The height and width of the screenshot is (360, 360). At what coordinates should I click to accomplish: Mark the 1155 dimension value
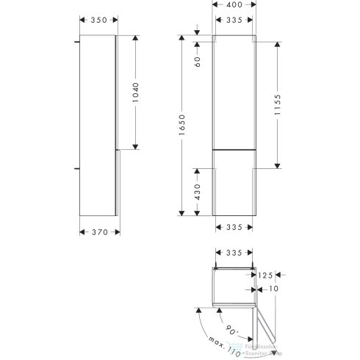[288, 104]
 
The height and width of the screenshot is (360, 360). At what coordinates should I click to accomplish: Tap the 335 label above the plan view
[233, 253]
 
